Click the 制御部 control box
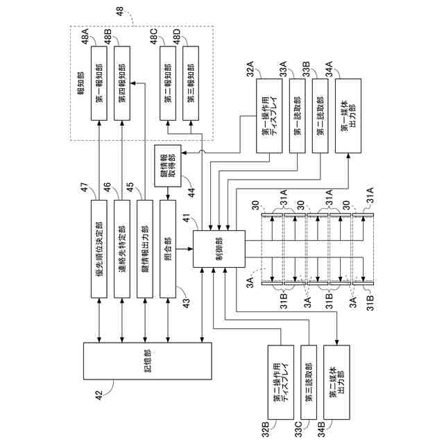tap(219, 248)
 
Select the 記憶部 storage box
tap(148, 361)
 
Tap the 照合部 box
tap(168, 249)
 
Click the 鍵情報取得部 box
tap(168, 166)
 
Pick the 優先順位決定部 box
tap(99, 249)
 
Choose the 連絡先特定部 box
tap(122, 249)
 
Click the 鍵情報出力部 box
tap(145, 249)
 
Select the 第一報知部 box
tap(99, 83)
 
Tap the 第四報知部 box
tap(122, 83)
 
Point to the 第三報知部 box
tap(191, 83)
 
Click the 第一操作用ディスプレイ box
tap(269, 116)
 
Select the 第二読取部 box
tap(320, 116)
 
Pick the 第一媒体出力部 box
tap(348, 116)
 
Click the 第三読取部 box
tap(309, 382)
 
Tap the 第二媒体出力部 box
tap(336, 382)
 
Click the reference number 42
tap(99, 395)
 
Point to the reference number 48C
tap(154, 36)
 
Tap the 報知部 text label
tap(80, 83)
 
